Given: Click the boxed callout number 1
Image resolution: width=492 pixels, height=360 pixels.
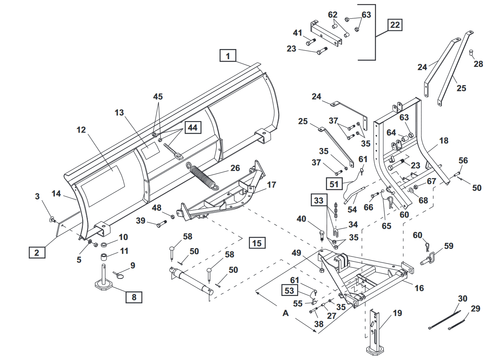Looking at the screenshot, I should click(228, 56).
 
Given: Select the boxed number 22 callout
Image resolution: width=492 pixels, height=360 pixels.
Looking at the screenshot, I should click(394, 25).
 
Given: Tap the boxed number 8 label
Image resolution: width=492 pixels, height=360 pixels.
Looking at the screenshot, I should click(134, 297).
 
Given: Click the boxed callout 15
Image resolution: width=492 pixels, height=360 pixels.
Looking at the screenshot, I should click(257, 243).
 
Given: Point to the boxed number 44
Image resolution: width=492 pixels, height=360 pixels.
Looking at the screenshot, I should click(193, 128).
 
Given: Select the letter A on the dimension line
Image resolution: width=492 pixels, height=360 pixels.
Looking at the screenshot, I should click(286, 313).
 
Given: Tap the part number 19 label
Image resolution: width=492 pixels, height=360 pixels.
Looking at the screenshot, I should click(397, 313).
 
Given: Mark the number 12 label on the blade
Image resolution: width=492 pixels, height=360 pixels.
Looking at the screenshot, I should click(81, 130).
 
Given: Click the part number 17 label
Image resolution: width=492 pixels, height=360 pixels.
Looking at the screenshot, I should click(271, 185).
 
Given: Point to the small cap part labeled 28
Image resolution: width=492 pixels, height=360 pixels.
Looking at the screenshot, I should click(471, 52).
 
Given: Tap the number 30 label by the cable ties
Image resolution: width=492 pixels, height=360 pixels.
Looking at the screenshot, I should click(463, 299).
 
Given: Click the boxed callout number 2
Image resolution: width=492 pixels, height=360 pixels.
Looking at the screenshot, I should click(37, 253).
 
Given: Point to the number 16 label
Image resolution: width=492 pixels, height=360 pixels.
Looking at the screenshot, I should click(419, 288).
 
